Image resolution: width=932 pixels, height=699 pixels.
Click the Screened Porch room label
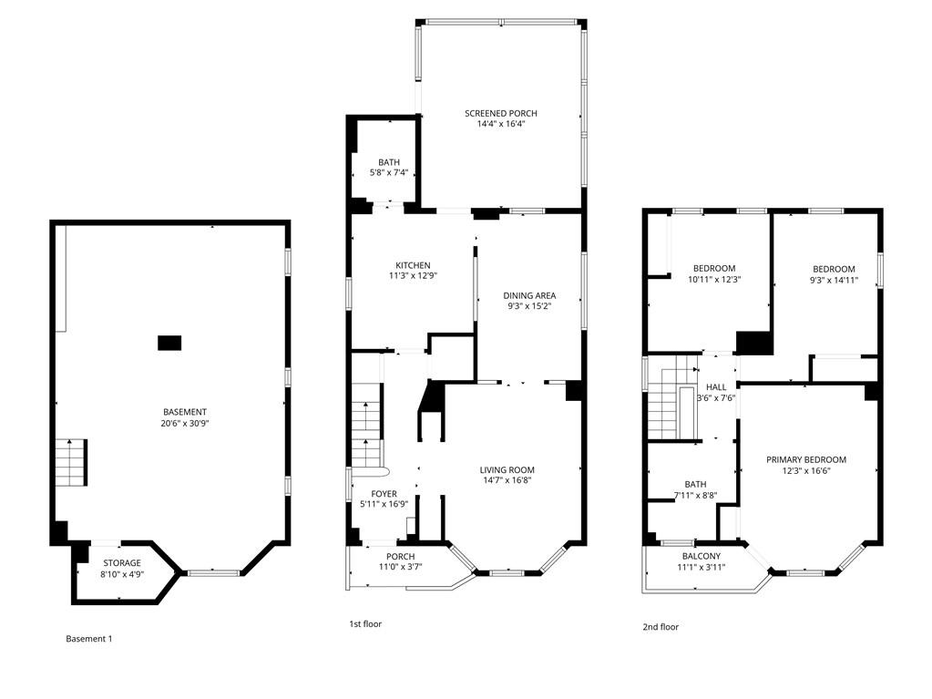click(500, 114)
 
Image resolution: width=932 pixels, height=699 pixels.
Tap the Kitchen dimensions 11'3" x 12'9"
click(413, 276)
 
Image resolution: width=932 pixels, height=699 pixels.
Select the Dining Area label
click(529, 295)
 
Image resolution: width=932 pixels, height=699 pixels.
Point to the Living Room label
click(507, 470)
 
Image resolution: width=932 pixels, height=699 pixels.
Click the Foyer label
click(384, 494)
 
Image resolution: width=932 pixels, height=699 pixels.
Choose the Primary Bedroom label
click(806, 459)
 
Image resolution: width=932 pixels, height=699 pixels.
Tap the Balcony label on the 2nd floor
click(702, 556)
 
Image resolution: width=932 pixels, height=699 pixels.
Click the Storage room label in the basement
click(122, 563)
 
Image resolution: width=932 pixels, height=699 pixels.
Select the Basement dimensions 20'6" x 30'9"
click(185, 423)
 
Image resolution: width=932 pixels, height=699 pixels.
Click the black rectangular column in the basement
click(169, 343)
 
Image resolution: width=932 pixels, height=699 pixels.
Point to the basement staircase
click(72, 462)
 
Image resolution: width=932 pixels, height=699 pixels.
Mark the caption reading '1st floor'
click(365, 624)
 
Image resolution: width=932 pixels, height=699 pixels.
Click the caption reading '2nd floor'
click(661, 627)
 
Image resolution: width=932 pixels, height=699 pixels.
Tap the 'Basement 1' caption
click(88, 639)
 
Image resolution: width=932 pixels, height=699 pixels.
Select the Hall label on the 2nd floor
click(716, 387)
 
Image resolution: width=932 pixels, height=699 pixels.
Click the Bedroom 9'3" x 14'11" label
click(834, 274)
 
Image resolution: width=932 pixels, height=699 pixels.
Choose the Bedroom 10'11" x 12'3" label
click(714, 274)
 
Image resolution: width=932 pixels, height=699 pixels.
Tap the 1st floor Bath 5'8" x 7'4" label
click(389, 168)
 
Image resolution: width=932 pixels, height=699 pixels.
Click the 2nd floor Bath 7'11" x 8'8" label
click(695, 489)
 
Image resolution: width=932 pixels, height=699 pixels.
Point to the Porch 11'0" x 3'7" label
click(401, 561)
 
